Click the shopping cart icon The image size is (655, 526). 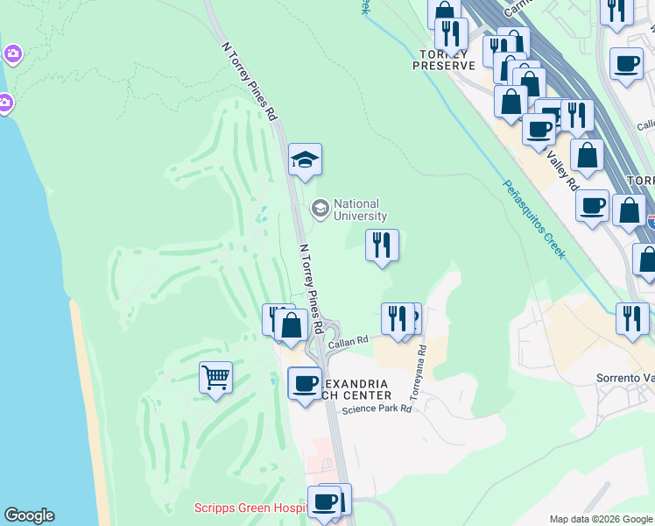click(x=215, y=378)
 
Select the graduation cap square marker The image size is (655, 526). click(x=305, y=160)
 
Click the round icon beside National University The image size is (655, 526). click(x=320, y=209)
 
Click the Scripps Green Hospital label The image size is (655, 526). click(x=249, y=508)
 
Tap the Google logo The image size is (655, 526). click(x=29, y=515)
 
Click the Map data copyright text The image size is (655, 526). click(x=600, y=519)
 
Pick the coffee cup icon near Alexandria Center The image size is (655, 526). click(x=305, y=383)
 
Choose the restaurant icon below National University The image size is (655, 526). click(x=381, y=245)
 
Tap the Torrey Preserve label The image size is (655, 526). click(x=444, y=59)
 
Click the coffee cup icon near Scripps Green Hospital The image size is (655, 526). click(x=324, y=501)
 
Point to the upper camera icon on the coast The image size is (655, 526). click(x=12, y=54)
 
